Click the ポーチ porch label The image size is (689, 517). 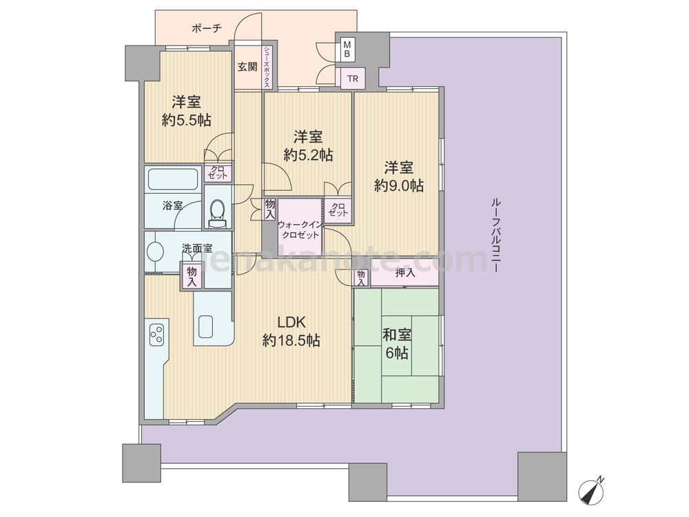[x=207, y=28]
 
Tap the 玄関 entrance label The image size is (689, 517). [x=247, y=67]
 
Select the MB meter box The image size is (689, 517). [x=347, y=49]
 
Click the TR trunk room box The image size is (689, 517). [x=352, y=79]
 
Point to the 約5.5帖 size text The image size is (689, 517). [x=186, y=119]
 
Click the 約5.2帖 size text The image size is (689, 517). [x=307, y=154]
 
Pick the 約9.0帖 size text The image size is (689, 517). [x=398, y=185]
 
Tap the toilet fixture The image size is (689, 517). [x=216, y=214]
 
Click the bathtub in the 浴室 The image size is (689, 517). [x=173, y=179]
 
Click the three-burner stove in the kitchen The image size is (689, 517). [x=156, y=334]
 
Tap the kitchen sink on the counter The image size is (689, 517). [x=205, y=327]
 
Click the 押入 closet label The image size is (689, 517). [x=405, y=273]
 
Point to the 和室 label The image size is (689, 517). [x=398, y=335]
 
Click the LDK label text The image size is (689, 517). [x=291, y=322]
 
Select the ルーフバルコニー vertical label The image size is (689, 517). [x=496, y=236]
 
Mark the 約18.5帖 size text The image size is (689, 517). [x=291, y=341]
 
